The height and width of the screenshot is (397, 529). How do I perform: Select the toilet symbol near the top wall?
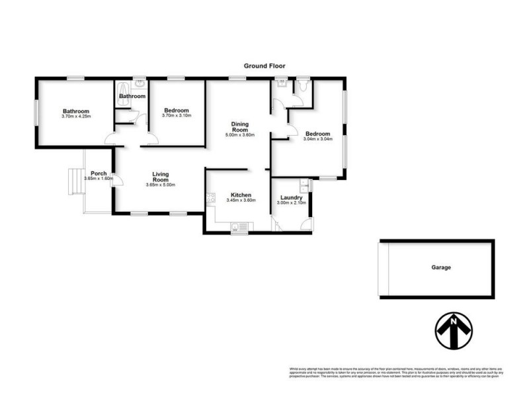pyautogui.click(x=302, y=85)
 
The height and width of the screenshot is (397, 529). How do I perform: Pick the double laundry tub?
pyautogui.click(x=304, y=186)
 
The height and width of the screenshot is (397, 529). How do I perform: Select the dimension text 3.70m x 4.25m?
pyautogui.click(x=77, y=117)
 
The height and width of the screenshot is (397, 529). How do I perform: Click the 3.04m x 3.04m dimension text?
pyautogui.click(x=317, y=139)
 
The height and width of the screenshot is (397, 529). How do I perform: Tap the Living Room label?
pyautogui.click(x=161, y=177)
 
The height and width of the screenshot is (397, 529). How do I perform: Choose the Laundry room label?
pyautogui.click(x=292, y=198)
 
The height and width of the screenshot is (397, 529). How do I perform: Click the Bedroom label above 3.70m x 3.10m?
pyautogui.click(x=177, y=110)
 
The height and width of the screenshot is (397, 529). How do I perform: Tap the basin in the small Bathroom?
pyautogui.click(x=140, y=84)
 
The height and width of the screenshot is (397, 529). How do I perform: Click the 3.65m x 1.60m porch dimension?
pyautogui.click(x=99, y=179)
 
